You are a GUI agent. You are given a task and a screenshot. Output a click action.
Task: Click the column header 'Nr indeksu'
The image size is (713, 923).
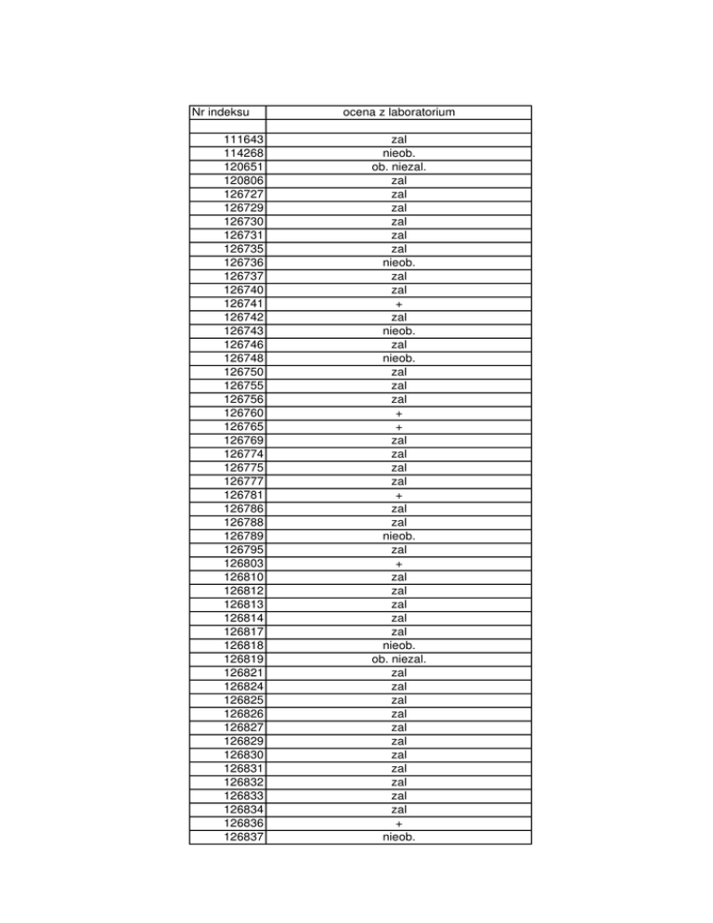click(x=215, y=113)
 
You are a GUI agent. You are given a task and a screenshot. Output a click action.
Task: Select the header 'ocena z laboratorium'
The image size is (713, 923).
click(x=399, y=113)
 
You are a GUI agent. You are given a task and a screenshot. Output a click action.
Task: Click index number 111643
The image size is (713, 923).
click(x=243, y=140)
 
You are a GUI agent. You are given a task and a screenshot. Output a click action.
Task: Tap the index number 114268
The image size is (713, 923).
click(x=243, y=154)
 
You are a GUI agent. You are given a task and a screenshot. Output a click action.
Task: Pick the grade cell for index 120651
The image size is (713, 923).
click(x=399, y=168)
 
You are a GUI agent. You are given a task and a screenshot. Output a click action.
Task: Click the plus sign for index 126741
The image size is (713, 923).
click(x=399, y=304)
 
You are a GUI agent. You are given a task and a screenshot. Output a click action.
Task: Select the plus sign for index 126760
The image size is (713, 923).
click(x=399, y=413)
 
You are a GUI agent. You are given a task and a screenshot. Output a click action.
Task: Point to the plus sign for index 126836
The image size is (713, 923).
click(x=399, y=823)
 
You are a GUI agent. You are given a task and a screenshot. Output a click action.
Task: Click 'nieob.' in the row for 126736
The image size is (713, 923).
click(x=399, y=263)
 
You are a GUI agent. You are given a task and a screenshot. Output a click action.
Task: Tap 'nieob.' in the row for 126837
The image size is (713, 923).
click(x=399, y=836)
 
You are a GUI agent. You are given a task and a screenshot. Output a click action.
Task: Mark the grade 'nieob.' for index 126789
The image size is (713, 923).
click(x=399, y=536)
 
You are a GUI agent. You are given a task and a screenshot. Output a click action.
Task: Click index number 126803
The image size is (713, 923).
click(x=243, y=563)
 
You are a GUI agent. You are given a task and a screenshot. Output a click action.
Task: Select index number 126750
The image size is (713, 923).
click(x=243, y=372)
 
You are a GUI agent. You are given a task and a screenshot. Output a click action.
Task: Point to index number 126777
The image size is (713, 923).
click(x=243, y=481)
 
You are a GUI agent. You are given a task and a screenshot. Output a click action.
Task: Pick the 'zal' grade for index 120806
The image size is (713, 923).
click(x=399, y=181)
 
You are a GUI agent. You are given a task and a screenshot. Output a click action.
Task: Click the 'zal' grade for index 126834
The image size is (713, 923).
click(x=399, y=809)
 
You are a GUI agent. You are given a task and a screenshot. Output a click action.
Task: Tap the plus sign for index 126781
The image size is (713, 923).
click(x=399, y=495)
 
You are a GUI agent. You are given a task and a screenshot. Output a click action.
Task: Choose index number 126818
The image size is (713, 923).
click(x=243, y=645)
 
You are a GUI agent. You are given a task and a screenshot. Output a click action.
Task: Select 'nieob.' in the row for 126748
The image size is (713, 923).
click(x=399, y=358)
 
